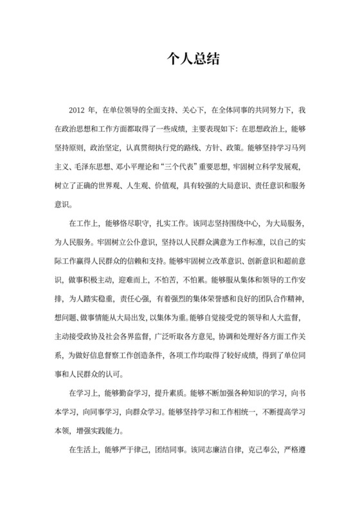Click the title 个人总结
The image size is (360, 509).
click(x=180, y=60)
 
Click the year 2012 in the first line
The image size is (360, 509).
click(x=76, y=111)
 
